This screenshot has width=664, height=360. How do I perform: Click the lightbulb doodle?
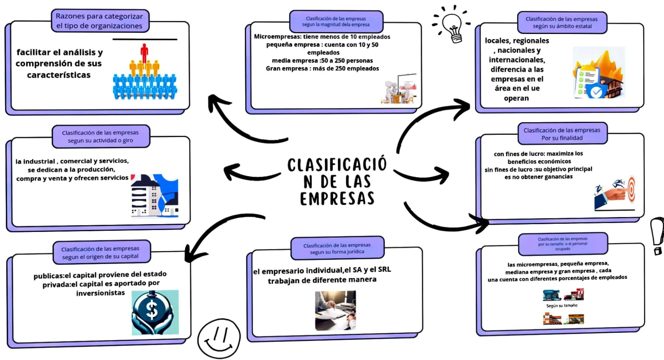coord(452,25)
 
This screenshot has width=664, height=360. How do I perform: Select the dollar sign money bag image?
coord(155,312)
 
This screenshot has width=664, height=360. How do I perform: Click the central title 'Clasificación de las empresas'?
coord(337,181)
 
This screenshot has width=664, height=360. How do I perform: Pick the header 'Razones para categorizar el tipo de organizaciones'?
coord(99,21)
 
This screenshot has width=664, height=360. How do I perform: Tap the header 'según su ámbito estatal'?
coord(562,23)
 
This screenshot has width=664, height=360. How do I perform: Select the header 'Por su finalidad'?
coord(562,134)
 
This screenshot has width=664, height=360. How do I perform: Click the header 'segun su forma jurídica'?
coord(337,248)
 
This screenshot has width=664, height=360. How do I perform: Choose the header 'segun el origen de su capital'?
coord(100,253)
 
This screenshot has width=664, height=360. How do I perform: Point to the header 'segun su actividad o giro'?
coord(100,136)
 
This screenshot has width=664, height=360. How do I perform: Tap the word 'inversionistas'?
coord(100,293)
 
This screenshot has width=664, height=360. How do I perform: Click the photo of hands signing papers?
coord(335,310)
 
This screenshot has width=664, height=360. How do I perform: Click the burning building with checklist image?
coord(599,73)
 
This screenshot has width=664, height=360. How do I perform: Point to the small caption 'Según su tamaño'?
coord(562,306)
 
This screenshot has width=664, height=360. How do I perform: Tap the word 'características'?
coord(59,75)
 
